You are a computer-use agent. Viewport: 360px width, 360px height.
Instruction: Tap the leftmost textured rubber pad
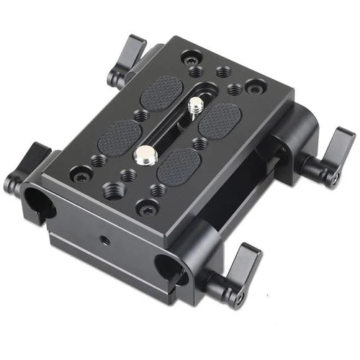pyautogui.click(x=119, y=134)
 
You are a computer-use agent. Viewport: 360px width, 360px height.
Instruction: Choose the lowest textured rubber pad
pyautogui.click(x=177, y=165)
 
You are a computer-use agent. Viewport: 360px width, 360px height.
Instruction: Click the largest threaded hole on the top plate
pyautogui.click(x=114, y=189)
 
